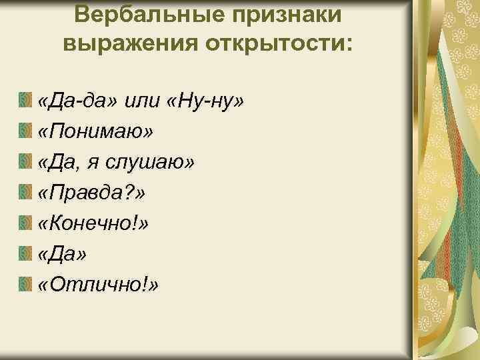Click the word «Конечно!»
coord(93,223)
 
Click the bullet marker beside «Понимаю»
coord(26,132)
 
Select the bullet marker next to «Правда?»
coord(26,193)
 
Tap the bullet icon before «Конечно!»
coord(26,224)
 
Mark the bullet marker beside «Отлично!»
coord(26,285)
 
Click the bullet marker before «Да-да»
coord(26,101)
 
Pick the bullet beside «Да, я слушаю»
coord(26,163)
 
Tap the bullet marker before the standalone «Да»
coord(26,255)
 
